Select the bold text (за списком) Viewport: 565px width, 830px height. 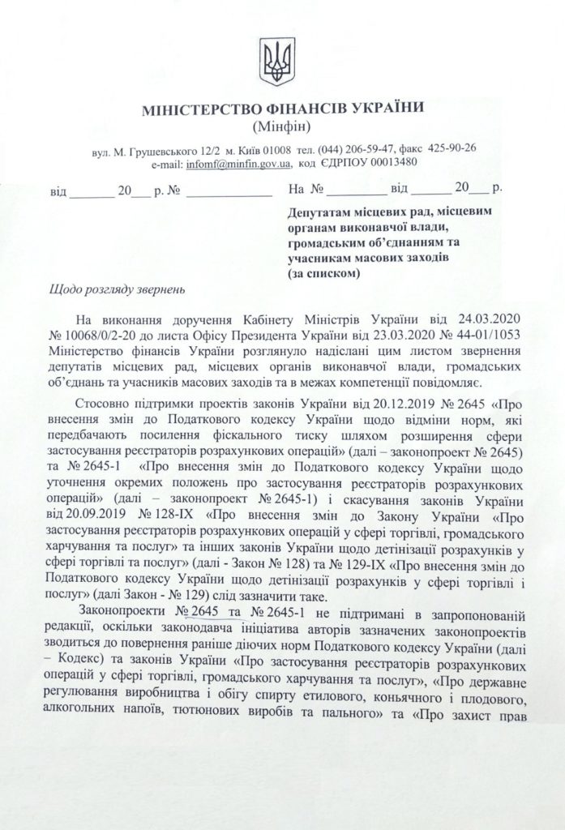(323, 273)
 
